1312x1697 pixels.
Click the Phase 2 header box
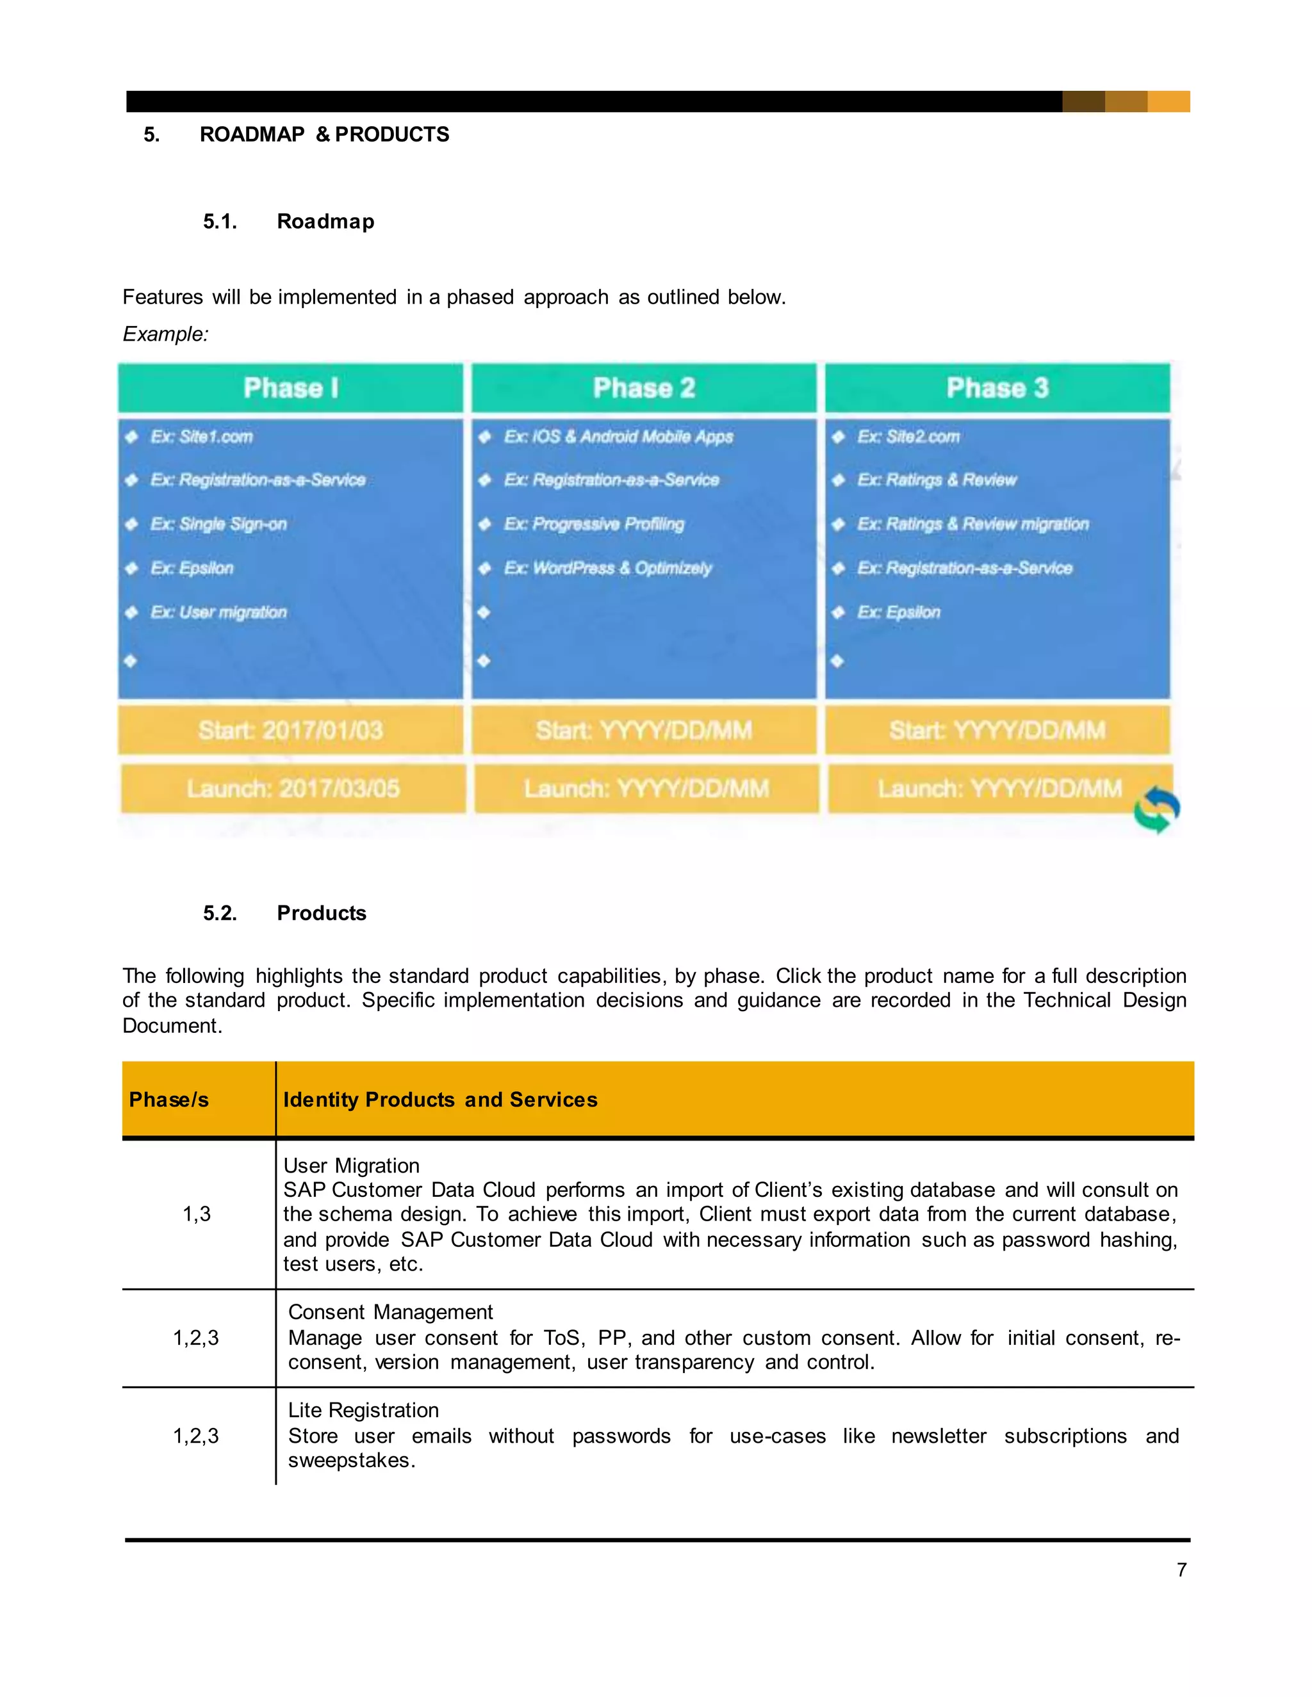click(644, 387)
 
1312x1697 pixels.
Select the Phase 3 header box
click(997, 387)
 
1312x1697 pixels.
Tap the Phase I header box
click(290, 387)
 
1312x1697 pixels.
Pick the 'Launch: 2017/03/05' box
click(292, 789)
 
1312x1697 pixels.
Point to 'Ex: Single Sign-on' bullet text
click(218, 524)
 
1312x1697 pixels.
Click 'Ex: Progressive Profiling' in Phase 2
click(594, 524)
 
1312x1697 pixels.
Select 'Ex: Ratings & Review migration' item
click(972, 524)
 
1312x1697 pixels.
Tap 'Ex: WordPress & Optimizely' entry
click(607, 569)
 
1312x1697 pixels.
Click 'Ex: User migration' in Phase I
click(218, 612)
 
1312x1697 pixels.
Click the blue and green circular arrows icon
click(1156, 809)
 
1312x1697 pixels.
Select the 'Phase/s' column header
click(168, 1100)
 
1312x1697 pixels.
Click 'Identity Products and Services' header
click(440, 1100)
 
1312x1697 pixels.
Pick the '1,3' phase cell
click(197, 1214)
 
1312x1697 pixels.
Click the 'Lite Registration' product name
click(363, 1410)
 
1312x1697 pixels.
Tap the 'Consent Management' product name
click(390, 1312)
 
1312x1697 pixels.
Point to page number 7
click(1181, 1570)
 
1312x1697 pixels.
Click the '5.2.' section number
click(220, 913)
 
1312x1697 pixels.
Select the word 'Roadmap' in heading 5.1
click(325, 222)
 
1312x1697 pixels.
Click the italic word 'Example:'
click(165, 334)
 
